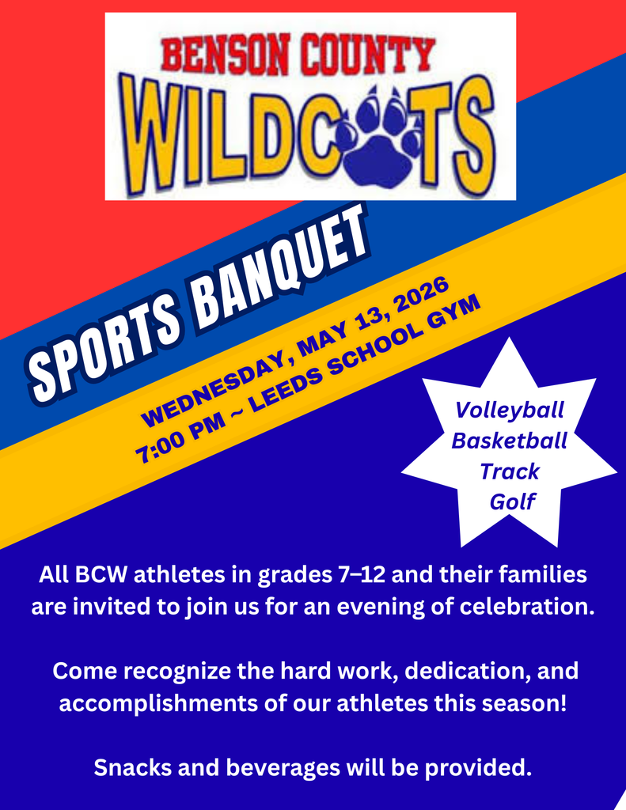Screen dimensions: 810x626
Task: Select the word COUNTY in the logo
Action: click(x=371, y=55)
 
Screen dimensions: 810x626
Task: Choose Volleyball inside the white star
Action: click(x=510, y=411)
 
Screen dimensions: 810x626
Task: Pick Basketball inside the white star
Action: click(x=510, y=441)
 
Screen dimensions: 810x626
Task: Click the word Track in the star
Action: click(x=510, y=471)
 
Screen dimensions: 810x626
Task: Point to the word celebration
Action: click(x=516, y=608)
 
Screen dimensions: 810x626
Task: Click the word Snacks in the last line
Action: click(x=131, y=766)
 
